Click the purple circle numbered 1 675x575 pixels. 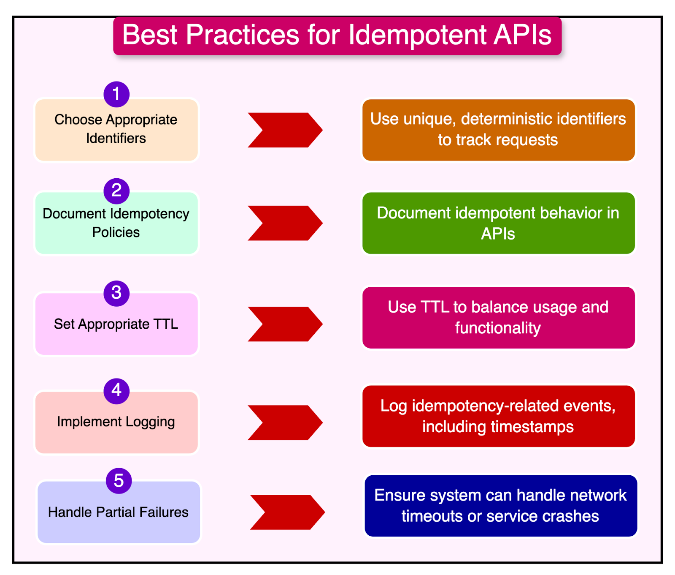click(116, 94)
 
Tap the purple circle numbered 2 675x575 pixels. click(116, 191)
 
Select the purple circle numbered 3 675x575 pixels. click(116, 293)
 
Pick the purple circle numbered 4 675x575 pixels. click(116, 391)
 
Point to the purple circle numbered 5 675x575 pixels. click(119, 481)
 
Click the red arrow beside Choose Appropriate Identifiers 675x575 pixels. click(285, 130)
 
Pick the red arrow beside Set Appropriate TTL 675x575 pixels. click(285, 324)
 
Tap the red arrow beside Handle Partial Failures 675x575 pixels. click(287, 512)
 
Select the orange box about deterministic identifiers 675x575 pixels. click(498, 130)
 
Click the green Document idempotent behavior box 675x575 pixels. click(498, 223)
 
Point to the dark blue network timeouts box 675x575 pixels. click(501, 506)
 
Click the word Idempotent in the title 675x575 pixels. click(418, 35)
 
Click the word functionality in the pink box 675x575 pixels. click(498, 328)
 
